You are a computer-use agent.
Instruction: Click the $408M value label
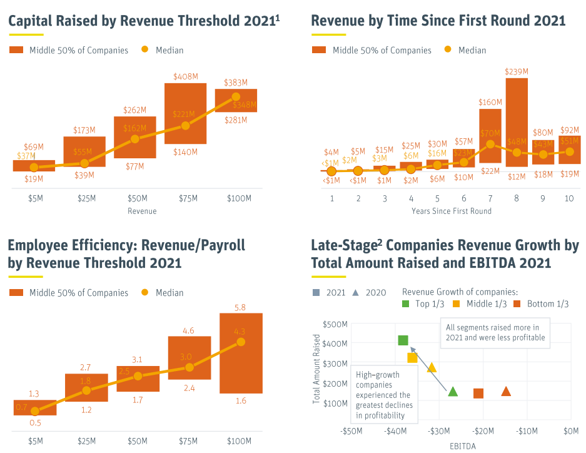click(186, 76)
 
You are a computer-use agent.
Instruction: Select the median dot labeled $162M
click(134, 139)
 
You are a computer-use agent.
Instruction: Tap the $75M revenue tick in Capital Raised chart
click(186, 198)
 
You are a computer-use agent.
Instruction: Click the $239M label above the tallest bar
click(517, 71)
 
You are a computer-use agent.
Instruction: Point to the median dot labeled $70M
click(490, 143)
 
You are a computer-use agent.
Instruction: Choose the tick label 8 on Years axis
click(517, 198)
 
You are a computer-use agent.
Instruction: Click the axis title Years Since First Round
click(451, 211)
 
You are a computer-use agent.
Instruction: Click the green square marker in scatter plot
click(403, 340)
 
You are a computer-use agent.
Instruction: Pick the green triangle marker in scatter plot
click(453, 392)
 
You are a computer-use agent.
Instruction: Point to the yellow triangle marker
click(432, 367)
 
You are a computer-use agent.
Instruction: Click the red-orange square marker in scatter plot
click(478, 393)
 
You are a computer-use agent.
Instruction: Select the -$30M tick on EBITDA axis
click(438, 431)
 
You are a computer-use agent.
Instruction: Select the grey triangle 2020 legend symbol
click(355, 292)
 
